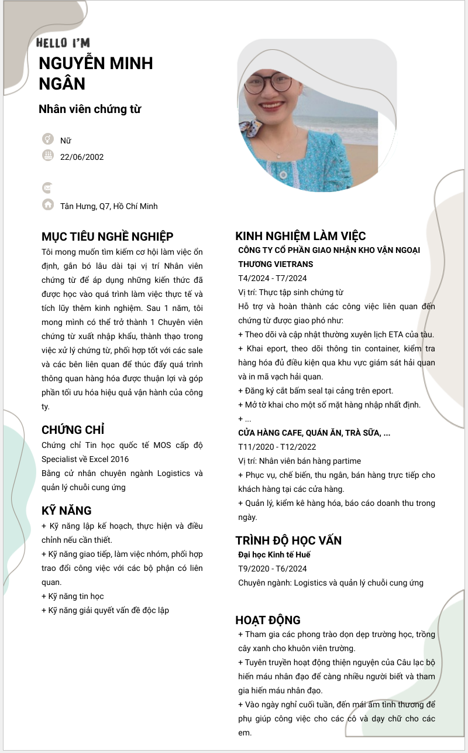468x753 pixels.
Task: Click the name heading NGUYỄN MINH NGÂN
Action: [95, 73]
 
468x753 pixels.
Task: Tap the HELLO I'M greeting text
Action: [63, 43]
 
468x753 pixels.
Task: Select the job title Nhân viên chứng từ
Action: [90, 109]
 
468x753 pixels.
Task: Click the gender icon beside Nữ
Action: [48, 139]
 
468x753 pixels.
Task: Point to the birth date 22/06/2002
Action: [82, 157]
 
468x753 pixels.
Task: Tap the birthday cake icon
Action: [48, 155]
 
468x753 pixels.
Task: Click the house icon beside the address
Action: [48, 204]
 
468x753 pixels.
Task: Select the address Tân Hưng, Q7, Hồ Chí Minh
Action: [109, 206]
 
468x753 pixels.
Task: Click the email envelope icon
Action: [47, 188]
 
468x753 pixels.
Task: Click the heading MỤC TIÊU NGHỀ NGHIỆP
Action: [108, 237]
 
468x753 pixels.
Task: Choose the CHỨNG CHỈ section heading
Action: [73, 430]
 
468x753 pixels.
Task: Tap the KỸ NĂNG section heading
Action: [67, 511]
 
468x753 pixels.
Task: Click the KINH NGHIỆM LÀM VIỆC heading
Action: [300, 236]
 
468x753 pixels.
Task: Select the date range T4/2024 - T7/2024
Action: [272, 278]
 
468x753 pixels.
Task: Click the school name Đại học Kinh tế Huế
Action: [274, 555]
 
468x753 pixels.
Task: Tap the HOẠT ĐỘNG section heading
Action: [268, 620]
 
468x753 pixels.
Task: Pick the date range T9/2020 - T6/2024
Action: [272, 569]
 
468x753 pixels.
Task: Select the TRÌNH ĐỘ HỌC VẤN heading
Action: [288, 540]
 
